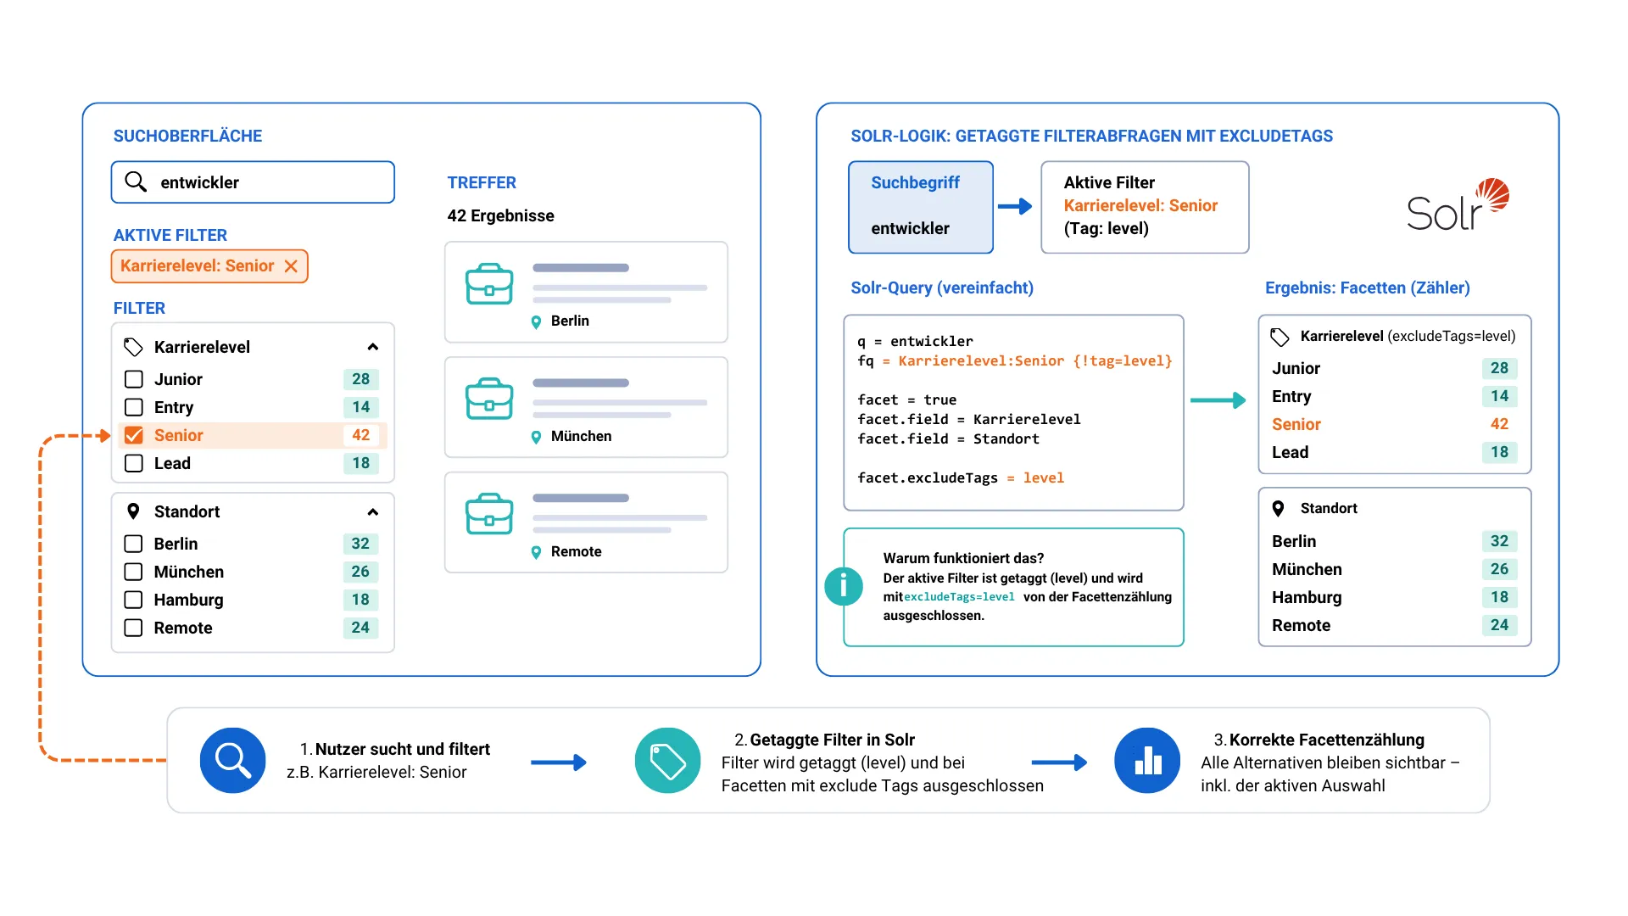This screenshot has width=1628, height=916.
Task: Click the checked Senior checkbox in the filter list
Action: (134, 435)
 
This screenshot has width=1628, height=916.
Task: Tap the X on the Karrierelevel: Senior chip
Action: (291, 266)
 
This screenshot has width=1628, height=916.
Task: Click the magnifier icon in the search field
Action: (136, 182)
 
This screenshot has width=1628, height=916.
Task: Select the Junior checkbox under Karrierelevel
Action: (134, 379)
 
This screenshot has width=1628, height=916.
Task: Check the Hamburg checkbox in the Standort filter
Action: (133, 600)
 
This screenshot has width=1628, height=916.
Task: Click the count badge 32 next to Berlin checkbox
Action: (360, 544)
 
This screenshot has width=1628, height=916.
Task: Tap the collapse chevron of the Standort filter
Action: (372, 512)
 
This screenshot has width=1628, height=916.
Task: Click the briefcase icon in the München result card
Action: (489, 399)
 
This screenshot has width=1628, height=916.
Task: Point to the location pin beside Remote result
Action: (536, 552)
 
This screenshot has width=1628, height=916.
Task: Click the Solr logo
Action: (1458, 205)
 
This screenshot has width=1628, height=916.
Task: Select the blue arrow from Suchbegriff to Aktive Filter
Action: (1015, 206)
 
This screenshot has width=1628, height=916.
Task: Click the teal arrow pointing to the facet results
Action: (1218, 400)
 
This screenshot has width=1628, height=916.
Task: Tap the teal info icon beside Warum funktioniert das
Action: (844, 586)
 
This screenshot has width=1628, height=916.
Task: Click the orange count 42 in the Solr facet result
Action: (1499, 424)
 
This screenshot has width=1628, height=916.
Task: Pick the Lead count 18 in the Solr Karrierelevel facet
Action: (1499, 452)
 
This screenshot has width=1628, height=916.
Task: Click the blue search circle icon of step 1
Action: (233, 761)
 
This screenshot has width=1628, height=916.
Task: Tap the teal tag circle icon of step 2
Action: (668, 761)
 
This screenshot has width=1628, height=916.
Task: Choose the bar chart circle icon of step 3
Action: (1147, 761)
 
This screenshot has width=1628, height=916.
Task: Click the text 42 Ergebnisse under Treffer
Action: (501, 215)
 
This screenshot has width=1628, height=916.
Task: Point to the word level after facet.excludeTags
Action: (1044, 478)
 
